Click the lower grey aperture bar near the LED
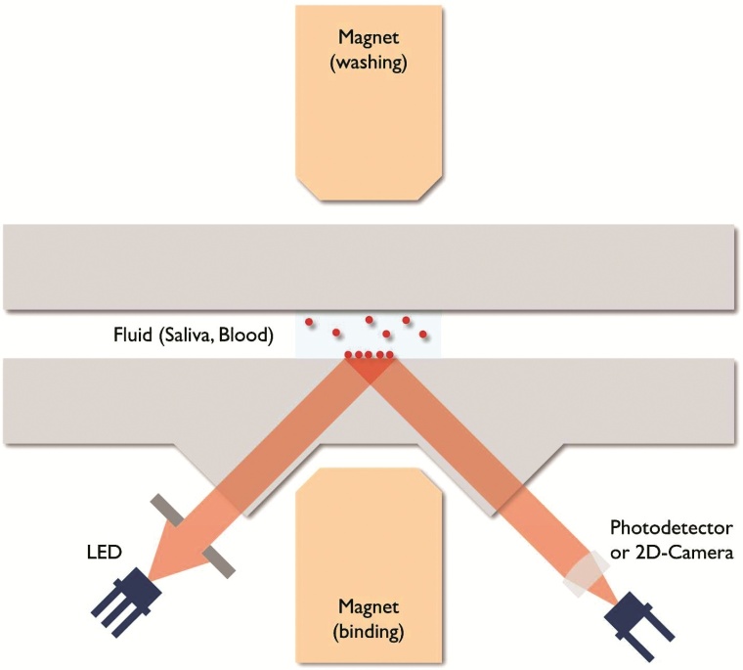click(221, 563)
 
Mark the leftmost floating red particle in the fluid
click(310, 322)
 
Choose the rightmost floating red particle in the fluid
click(423, 335)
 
